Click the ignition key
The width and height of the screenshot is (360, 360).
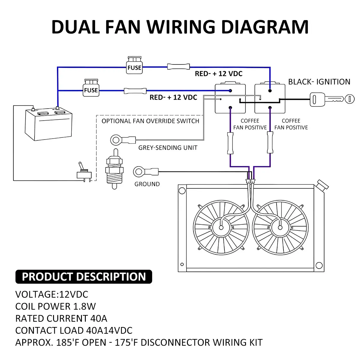328,99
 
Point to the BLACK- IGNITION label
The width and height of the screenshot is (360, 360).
319,82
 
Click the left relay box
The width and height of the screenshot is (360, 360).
230,98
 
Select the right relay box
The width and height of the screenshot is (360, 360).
270,98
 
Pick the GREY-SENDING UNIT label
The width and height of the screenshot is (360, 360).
168,148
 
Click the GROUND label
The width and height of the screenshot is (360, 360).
147,184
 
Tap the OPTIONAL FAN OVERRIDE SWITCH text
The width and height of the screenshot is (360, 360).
150,121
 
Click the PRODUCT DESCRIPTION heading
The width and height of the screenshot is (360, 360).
84,277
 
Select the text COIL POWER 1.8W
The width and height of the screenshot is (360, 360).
55,306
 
